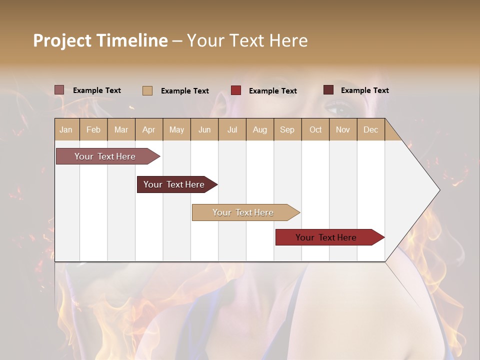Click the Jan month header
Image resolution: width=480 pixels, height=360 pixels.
coord(66,129)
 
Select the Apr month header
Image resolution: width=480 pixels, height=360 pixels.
coord(148,129)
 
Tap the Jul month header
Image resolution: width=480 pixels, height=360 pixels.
coord(232,129)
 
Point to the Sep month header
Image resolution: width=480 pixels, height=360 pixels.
coord(287,129)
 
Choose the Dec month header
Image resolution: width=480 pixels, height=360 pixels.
coord(370,129)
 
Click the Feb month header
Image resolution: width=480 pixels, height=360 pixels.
coord(93,129)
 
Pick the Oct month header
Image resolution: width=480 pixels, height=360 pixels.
coord(315,129)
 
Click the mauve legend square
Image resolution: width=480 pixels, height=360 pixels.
coord(59,90)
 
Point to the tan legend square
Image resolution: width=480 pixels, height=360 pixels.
coord(147,90)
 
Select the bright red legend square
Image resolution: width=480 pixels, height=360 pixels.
coord(236,90)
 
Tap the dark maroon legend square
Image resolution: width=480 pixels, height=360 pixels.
coord(328,90)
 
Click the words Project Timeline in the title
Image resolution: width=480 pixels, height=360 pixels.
coord(100,40)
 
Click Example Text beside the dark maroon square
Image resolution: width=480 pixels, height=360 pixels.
coord(364,90)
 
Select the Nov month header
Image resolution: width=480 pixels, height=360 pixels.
coord(342,129)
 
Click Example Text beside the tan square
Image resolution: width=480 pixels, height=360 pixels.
coord(184,91)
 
